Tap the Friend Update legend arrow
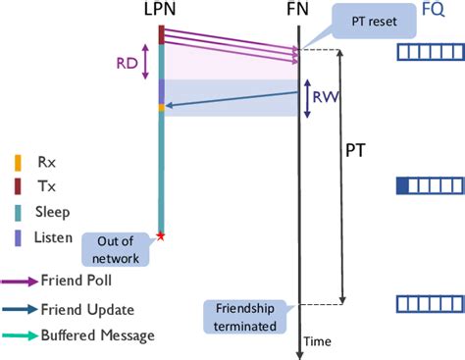click(x=29, y=309)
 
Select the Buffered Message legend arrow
click(x=29, y=335)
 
